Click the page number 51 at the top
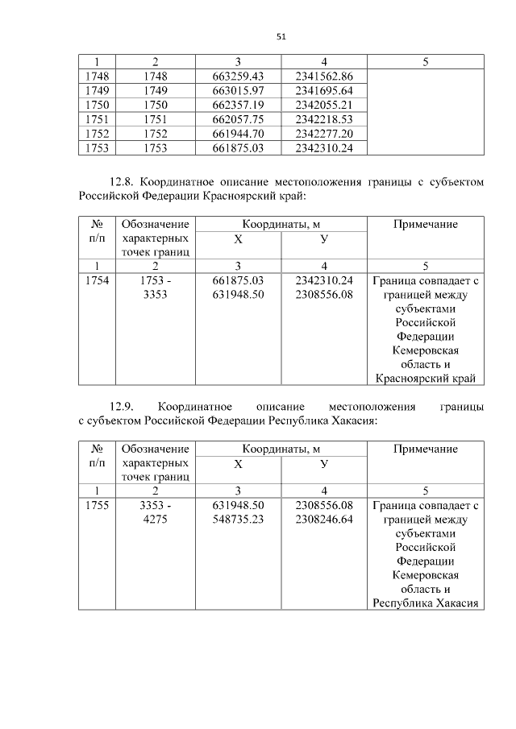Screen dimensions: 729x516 [281, 36]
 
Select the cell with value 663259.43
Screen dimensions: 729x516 [238, 77]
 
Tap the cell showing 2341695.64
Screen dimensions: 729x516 [324, 91]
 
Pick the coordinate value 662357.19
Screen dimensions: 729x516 [238, 106]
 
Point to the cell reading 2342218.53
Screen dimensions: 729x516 [324, 119]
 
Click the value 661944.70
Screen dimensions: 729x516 [238, 134]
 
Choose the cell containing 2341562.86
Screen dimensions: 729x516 [324, 77]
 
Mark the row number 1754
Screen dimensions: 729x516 [97, 280]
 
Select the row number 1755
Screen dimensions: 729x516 [97, 505]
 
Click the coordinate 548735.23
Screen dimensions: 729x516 [238, 520]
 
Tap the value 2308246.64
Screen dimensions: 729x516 [324, 520]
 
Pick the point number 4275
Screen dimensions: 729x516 [154, 520]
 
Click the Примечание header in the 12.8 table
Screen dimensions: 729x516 [425, 225]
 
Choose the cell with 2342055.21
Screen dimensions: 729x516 [324, 106]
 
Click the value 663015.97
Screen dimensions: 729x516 [238, 91]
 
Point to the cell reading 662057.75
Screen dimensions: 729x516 [238, 119]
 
